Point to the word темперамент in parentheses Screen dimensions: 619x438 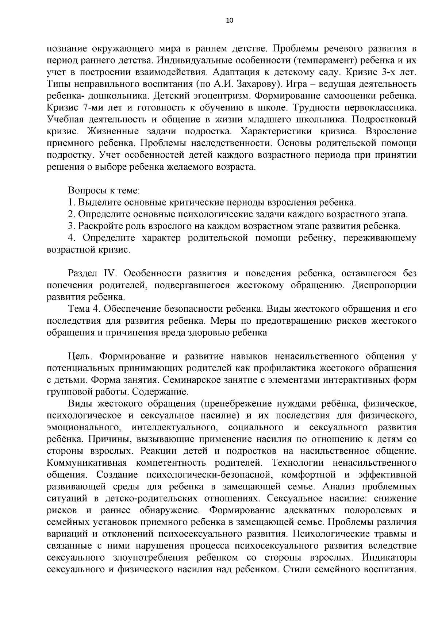pyautogui.click(x=320, y=60)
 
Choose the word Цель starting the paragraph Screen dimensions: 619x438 pyautogui.click(x=81, y=356)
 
